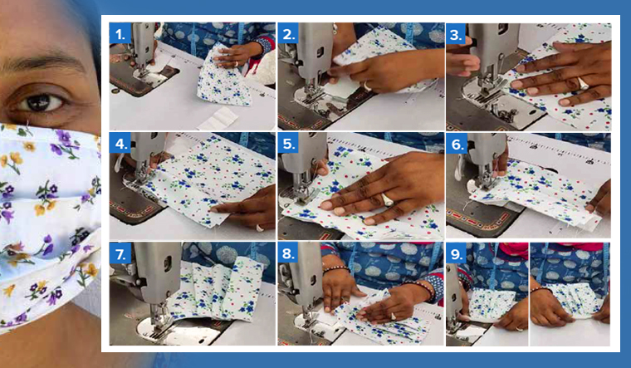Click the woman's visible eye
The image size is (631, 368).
[x=43, y=101]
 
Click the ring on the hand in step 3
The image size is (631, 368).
[x=582, y=82]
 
